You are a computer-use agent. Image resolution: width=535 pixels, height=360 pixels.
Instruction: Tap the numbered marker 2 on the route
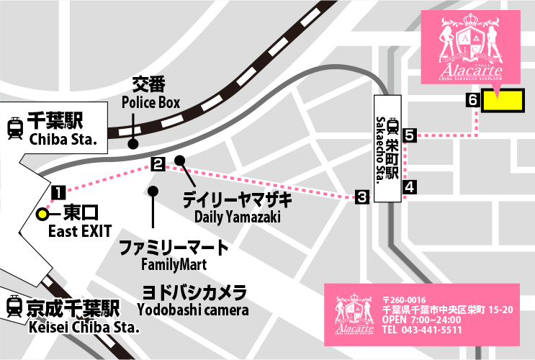pos(158,163)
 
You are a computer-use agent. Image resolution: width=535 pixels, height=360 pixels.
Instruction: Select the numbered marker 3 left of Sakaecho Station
pos(362,197)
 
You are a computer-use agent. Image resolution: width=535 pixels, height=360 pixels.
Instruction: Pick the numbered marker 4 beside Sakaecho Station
pos(410,187)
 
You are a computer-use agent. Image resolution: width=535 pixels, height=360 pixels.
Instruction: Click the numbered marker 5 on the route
pos(410,135)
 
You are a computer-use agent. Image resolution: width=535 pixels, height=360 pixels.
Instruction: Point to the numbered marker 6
pos(472,101)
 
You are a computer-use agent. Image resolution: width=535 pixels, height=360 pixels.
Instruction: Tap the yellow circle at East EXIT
pos(43,214)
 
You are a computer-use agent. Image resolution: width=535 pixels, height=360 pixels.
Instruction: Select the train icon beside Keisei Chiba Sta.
pos(14,307)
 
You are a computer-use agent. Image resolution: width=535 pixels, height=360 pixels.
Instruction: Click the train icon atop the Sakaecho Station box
pos(392,126)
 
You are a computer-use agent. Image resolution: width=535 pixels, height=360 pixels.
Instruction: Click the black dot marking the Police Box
pos(133,144)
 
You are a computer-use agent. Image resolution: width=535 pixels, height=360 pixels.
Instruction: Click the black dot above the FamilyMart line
pos(152,191)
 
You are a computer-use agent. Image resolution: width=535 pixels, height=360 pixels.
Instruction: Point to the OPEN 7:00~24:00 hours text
pos(422,319)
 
